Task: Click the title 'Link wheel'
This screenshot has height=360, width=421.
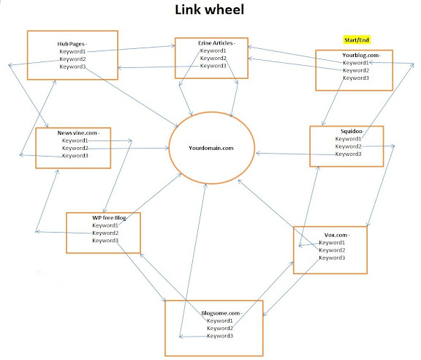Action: pos(210,10)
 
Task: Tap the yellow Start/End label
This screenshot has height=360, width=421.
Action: pos(357,40)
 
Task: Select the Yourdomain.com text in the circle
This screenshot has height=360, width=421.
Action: pos(211,148)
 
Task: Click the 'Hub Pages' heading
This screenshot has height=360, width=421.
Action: pos(71,44)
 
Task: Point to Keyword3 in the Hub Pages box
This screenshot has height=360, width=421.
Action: pos(72,67)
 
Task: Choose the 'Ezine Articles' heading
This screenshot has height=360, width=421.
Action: pos(216,43)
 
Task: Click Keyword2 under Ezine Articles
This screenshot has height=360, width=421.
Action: pos(213,58)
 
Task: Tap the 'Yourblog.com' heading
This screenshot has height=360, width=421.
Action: pos(360,55)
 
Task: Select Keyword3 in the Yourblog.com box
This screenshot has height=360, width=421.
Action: pos(356,78)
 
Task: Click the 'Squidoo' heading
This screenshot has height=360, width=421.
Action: pos(352,131)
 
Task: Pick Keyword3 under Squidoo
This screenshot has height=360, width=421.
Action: pos(348,154)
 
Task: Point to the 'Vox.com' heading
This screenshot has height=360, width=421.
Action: pos(335,235)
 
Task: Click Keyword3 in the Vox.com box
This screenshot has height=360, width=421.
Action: pos(332,258)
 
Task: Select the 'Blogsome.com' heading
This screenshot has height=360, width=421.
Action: pos(221,313)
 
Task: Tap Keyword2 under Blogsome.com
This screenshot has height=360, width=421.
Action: pos(220,329)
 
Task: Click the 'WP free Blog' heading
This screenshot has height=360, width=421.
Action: pos(109,218)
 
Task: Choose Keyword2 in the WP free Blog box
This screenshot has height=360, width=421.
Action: pos(105,233)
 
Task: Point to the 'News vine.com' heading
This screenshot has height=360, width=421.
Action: pos(77,133)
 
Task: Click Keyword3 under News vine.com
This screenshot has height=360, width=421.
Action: pos(75,155)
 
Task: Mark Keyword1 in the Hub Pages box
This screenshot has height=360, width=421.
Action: pos(72,51)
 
